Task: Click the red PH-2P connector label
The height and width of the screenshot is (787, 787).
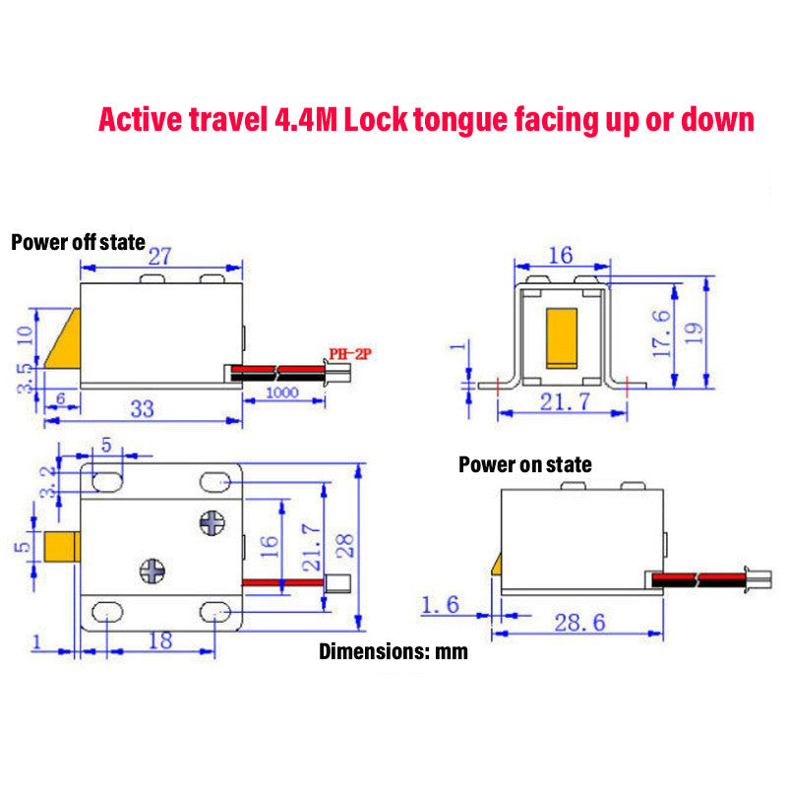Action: (349, 354)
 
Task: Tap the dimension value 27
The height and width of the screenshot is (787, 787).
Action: (160, 257)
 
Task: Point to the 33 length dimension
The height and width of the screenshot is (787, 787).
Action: (143, 408)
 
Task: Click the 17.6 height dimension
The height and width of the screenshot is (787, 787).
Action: (662, 334)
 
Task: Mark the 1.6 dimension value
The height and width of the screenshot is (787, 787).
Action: (439, 604)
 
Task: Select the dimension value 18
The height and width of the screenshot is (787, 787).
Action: (159, 639)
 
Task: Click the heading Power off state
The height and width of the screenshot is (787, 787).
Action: (78, 242)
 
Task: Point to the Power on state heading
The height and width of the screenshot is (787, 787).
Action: (525, 464)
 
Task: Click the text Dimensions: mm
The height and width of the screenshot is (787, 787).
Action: (393, 651)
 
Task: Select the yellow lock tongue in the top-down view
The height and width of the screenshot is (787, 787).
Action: (61, 547)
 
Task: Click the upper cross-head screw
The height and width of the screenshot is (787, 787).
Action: (212, 523)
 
